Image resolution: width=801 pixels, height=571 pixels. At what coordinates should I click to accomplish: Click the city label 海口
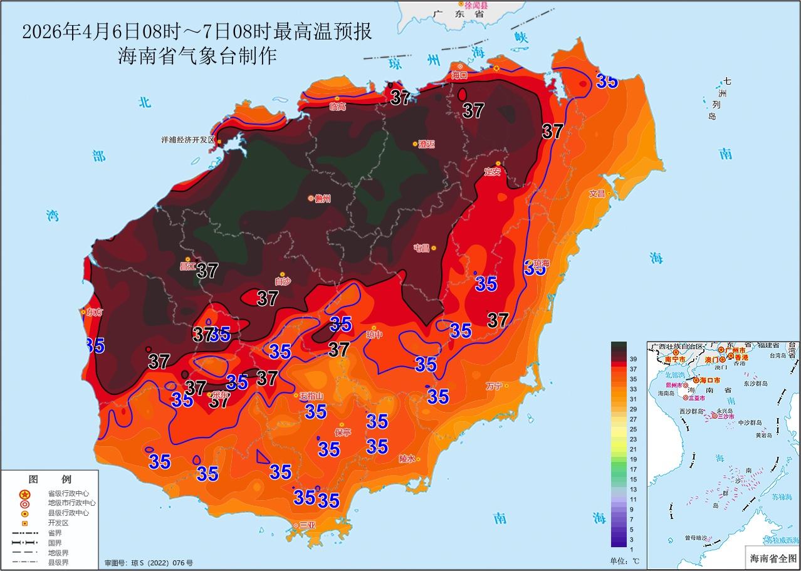pyautogui.click(x=460, y=75)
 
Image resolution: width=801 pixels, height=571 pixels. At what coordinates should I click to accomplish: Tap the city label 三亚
pyautogui.click(x=307, y=525)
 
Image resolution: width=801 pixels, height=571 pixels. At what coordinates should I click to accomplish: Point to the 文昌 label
pyautogui.click(x=597, y=194)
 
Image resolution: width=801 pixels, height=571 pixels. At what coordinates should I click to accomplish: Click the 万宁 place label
pyautogui.click(x=494, y=386)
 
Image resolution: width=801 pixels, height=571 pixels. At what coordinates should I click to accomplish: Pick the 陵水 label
pyautogui.click(x=407, y=459)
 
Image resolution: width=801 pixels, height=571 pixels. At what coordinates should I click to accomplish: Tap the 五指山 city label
pyautogui.click(x=311, y=396)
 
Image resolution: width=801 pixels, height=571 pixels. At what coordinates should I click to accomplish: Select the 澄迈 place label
pyautogui.click(x=426, y=144)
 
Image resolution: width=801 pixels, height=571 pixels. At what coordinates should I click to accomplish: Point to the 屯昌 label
pyautogui.click(x=421, y=248)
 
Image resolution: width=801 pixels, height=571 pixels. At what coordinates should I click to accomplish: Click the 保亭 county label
pyautogui.click(x=343, y=432)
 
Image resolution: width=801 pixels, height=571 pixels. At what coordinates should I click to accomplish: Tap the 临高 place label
pyautogui.click(x=337, y=107)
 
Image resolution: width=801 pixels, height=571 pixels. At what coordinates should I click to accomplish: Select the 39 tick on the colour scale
pyautogui.click(x=633, y=359)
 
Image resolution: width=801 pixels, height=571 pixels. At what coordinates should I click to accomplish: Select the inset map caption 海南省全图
pyautogui.click(x=772, y=557)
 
